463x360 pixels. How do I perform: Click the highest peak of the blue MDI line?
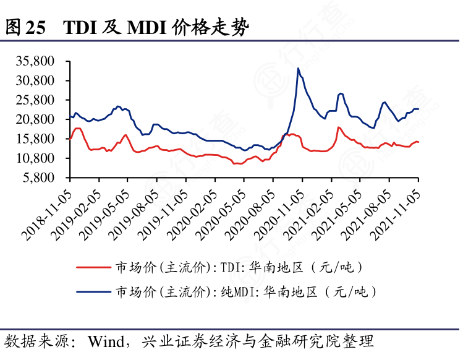click(298, 68)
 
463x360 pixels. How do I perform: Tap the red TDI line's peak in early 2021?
click(338, 127)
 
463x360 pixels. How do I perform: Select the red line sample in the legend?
click(93, 267)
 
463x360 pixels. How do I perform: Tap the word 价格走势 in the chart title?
click(214, 27)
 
